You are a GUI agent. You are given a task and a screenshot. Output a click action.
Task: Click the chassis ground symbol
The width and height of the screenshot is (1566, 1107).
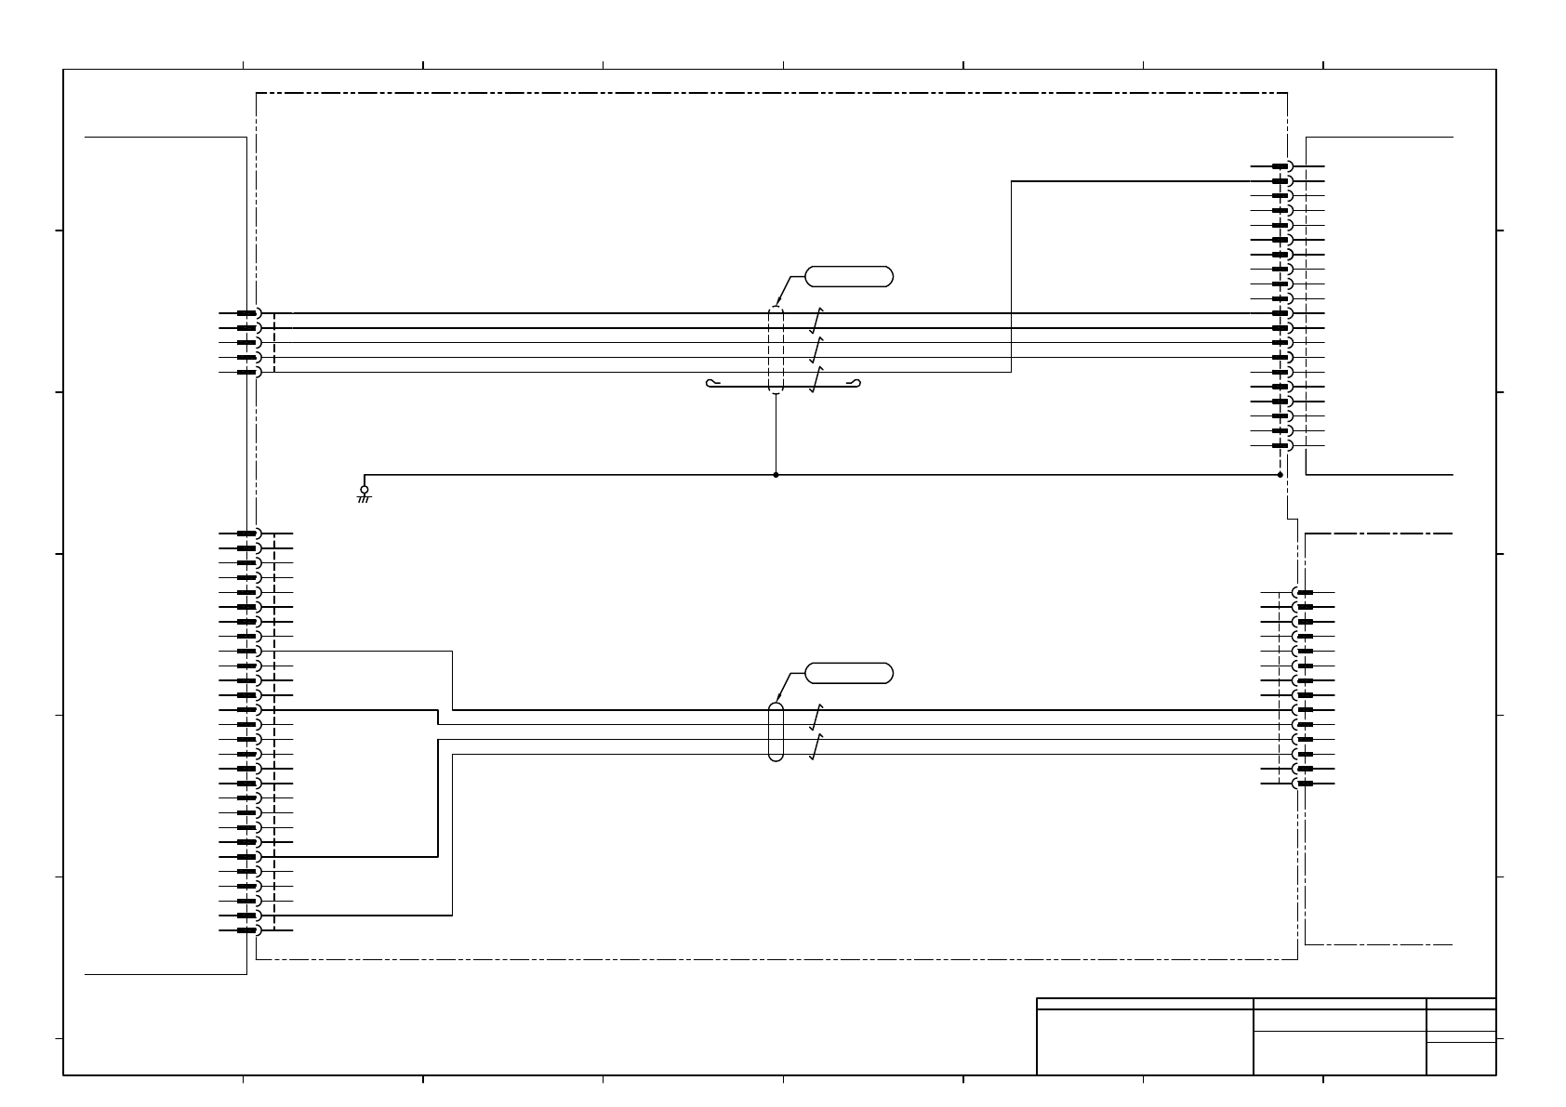tap(364, 494)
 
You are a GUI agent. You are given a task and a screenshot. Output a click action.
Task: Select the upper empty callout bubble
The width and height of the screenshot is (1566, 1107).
tap(848, 276)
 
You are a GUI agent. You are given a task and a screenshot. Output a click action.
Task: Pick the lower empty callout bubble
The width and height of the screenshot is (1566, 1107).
tap(848, 673)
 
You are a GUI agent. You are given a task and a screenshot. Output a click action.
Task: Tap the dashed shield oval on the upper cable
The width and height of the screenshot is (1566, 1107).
tap(776, 349)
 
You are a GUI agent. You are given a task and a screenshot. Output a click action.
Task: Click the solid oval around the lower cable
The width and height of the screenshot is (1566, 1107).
tap(776, 731)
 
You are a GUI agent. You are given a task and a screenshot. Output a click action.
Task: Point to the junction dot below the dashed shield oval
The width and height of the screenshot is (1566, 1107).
tap(776, 475)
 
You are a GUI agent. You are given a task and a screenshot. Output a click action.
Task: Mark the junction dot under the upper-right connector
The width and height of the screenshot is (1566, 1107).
tap(1280, 475)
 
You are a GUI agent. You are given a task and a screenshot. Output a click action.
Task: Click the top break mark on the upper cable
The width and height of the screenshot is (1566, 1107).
tap(816, 321)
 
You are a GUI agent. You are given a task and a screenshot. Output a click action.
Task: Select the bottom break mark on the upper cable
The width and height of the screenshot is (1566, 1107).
tap(816, 379)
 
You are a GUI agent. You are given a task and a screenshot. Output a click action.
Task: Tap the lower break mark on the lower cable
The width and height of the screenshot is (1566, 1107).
tap(816, 746)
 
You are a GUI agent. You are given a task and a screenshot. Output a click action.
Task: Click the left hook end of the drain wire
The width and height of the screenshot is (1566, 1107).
tap(711, 383)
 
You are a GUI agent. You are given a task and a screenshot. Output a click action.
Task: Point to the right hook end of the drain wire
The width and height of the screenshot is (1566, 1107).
tap(856, 383)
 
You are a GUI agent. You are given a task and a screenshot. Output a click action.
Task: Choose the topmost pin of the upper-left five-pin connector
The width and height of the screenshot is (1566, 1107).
tap(247, 313)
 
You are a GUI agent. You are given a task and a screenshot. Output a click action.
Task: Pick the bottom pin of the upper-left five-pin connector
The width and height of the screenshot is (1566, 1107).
tap(247, 372)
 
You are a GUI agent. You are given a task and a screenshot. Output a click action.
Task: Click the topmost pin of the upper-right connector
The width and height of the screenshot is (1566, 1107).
tap(1281, 166)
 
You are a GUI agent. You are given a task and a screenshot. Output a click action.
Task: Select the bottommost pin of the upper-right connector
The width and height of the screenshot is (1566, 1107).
tap(1281, 446)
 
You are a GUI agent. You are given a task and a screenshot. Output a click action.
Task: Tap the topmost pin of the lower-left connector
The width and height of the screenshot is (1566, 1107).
tap(247, 534)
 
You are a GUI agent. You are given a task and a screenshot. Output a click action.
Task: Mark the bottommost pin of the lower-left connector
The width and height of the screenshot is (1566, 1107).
tap(247, 930)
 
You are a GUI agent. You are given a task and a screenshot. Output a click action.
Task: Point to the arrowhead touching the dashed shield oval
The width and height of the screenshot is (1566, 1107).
tap(777, 303)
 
